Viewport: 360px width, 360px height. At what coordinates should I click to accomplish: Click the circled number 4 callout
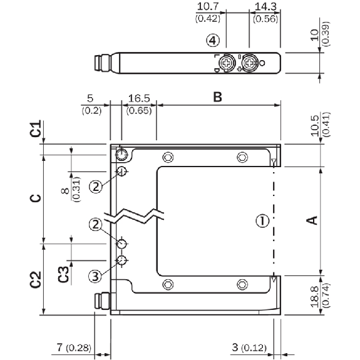(x=213, y=41)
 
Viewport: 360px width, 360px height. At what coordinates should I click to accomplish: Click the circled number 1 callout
(x=262, y=220)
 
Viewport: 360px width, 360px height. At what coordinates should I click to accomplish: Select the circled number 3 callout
(x=95, y=276)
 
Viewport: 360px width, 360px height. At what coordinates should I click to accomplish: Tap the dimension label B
(x=218, y=97)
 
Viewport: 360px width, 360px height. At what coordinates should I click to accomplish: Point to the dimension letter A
(x=312, y=220)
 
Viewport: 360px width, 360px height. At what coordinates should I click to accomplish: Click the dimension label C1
(x=36, y=128)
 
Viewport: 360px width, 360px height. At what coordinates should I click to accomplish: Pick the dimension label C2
(x=36, y=279)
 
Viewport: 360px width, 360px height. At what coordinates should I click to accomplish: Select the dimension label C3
(x=63, y=274)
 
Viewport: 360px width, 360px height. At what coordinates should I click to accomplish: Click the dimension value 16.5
(x=139, y=98)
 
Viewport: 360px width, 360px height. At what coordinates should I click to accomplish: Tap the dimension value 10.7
(x=208, y=6)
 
